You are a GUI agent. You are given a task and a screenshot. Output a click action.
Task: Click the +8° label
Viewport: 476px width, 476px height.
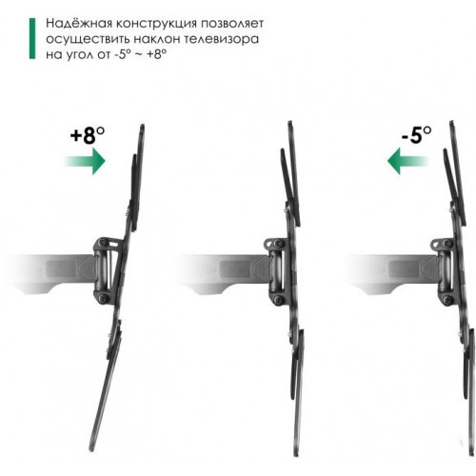(x=88, y=134)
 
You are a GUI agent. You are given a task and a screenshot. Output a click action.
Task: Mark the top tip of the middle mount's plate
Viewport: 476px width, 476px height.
(x=288, y=123)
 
